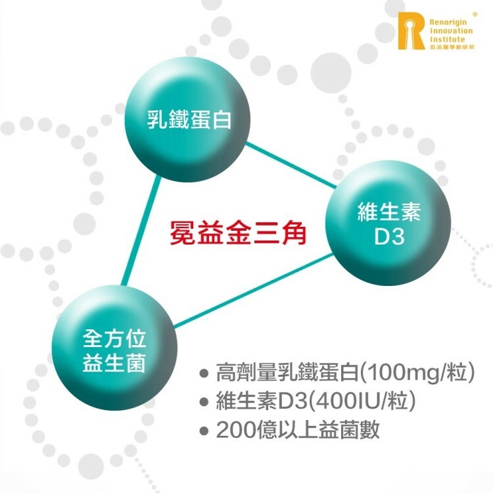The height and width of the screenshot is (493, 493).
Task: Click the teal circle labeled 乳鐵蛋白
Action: [189, 120]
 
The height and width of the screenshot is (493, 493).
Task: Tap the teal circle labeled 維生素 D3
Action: [389, 225]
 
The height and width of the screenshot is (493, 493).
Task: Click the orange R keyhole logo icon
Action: [411, 30]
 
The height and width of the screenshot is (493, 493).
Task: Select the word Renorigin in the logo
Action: [449, 21]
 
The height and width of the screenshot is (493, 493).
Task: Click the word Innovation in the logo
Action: [450, 30]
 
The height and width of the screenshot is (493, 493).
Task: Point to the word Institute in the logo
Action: [447, 39]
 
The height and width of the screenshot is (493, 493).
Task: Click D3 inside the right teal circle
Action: [389, 237]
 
